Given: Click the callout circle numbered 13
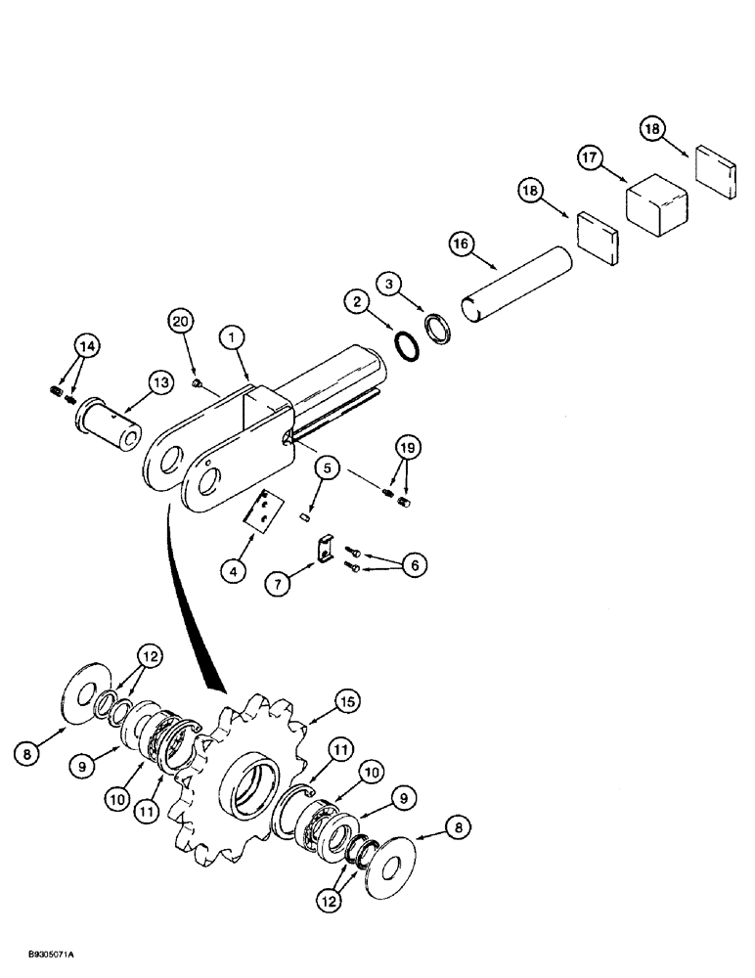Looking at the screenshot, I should tap(162, 382).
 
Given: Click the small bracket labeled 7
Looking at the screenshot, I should tap(324, 550).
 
